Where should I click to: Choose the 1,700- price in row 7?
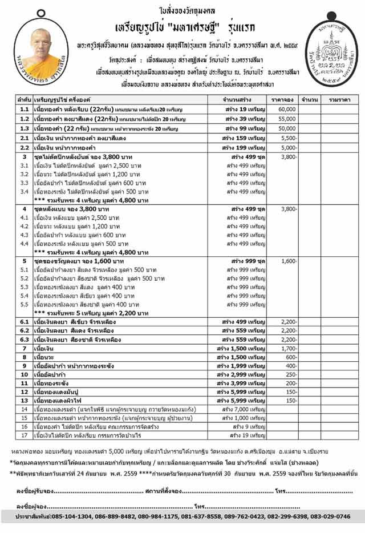[x=289, y=348]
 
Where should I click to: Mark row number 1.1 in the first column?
[x=24, y=108]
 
